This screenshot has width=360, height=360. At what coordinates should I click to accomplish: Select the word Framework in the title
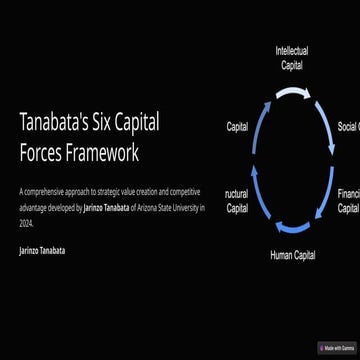click(103, 154)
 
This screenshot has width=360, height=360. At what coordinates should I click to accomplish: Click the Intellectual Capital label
click(291, 57)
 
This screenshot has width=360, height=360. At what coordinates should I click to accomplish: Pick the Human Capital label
click(292, 255)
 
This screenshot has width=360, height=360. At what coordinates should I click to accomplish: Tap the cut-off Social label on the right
click(348, 127)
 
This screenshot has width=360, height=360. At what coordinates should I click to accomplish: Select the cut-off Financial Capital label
click(348, 201)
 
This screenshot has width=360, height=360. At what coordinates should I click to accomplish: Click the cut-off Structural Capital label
click(236, 201)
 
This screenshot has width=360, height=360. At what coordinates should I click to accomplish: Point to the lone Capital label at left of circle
click(237, 127)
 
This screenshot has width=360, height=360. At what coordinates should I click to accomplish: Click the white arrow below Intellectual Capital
click(294, 93)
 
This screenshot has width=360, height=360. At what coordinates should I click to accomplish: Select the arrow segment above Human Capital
click(293, 226)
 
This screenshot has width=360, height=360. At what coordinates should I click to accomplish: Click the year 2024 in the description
click(26, 225)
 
